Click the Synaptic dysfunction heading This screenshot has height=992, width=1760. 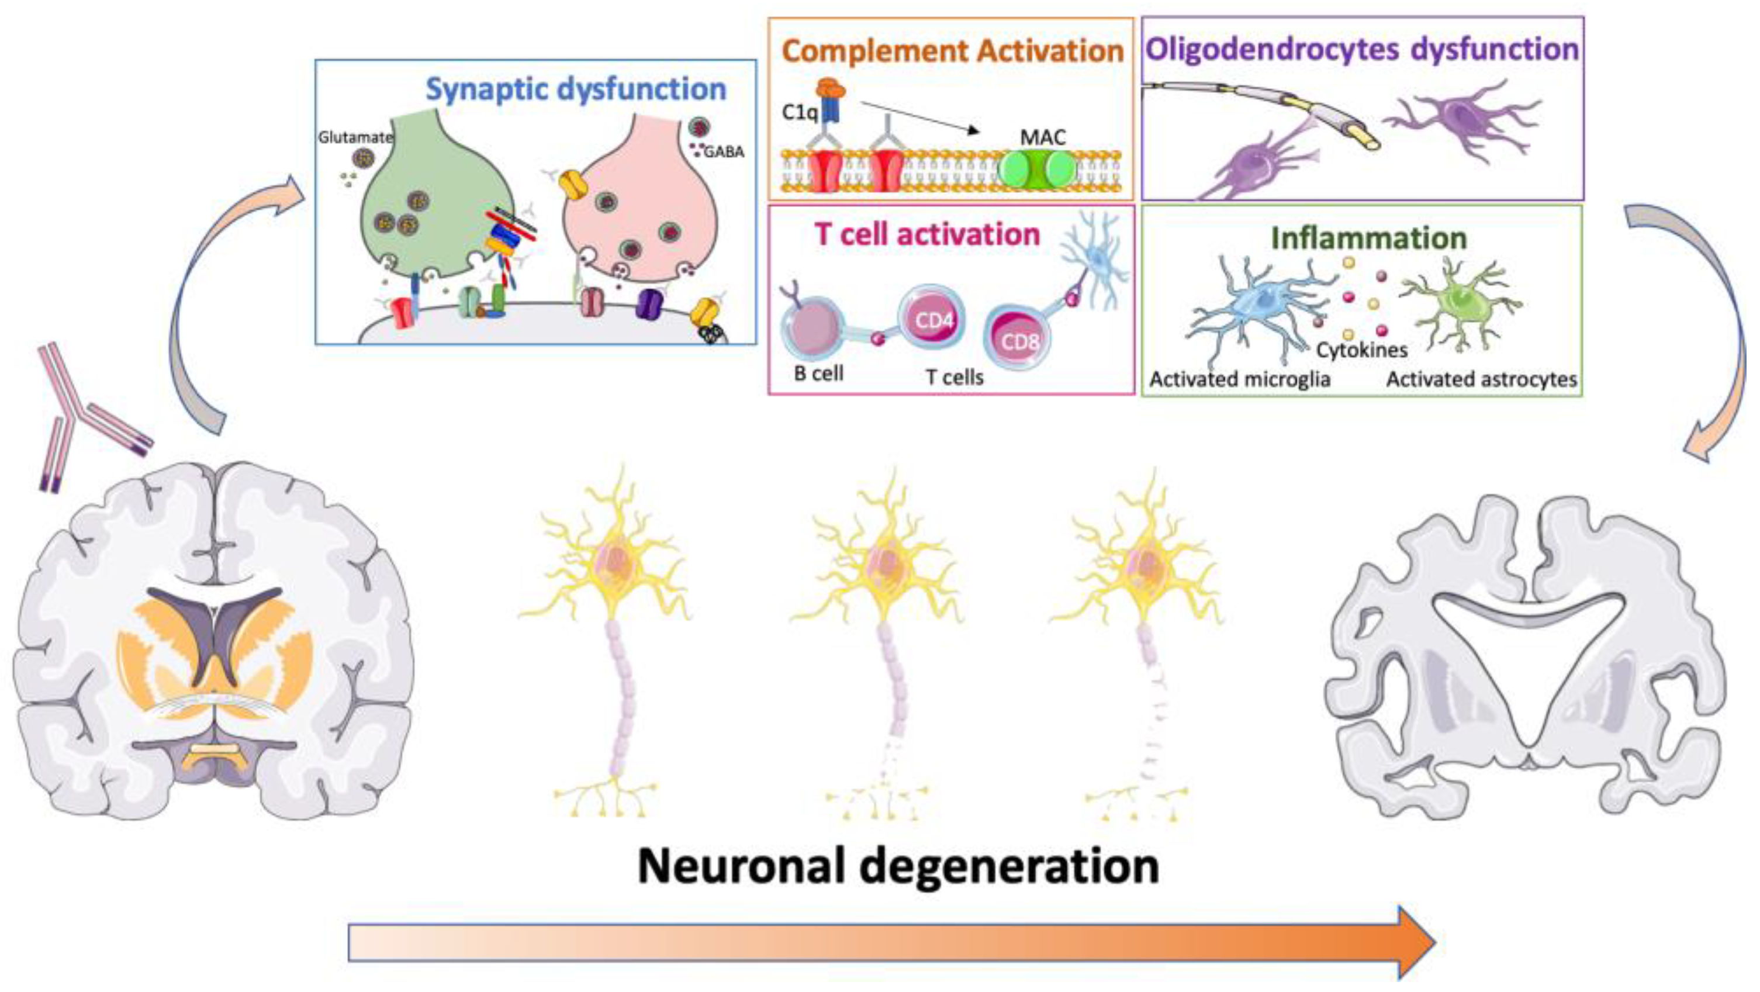(x=575, y=89)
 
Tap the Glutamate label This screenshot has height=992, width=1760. (x=355, y=137)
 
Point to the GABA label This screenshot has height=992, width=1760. (x=723, y=151)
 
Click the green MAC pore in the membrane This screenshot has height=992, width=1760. (x=1036, y=170)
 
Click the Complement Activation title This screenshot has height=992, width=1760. (x=952, y=51)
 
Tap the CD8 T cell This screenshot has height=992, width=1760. (x=1018, y=340)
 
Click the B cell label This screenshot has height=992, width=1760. (x=818, y=373)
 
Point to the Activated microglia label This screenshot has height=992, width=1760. (x=1239, y=379)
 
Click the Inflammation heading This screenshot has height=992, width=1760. (x=1368, y=238)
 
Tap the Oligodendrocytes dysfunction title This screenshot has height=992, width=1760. (x=1362, y=49)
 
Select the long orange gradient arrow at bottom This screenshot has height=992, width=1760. (x=888, y=943)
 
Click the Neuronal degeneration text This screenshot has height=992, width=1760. (x=898, y=866)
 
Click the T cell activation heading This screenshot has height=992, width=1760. (x=926, y=234)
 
